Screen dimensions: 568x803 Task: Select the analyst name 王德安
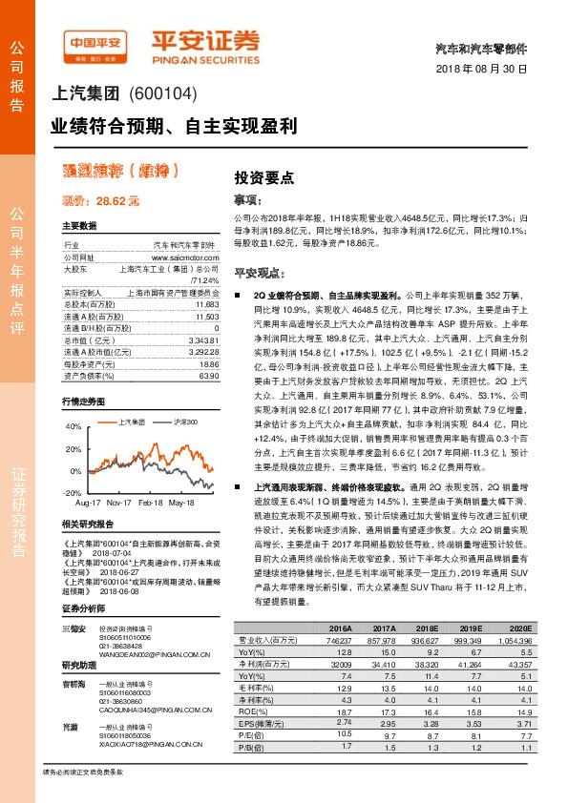click(x=78, y=628)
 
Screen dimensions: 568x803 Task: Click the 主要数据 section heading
click(x=79, y=226)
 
